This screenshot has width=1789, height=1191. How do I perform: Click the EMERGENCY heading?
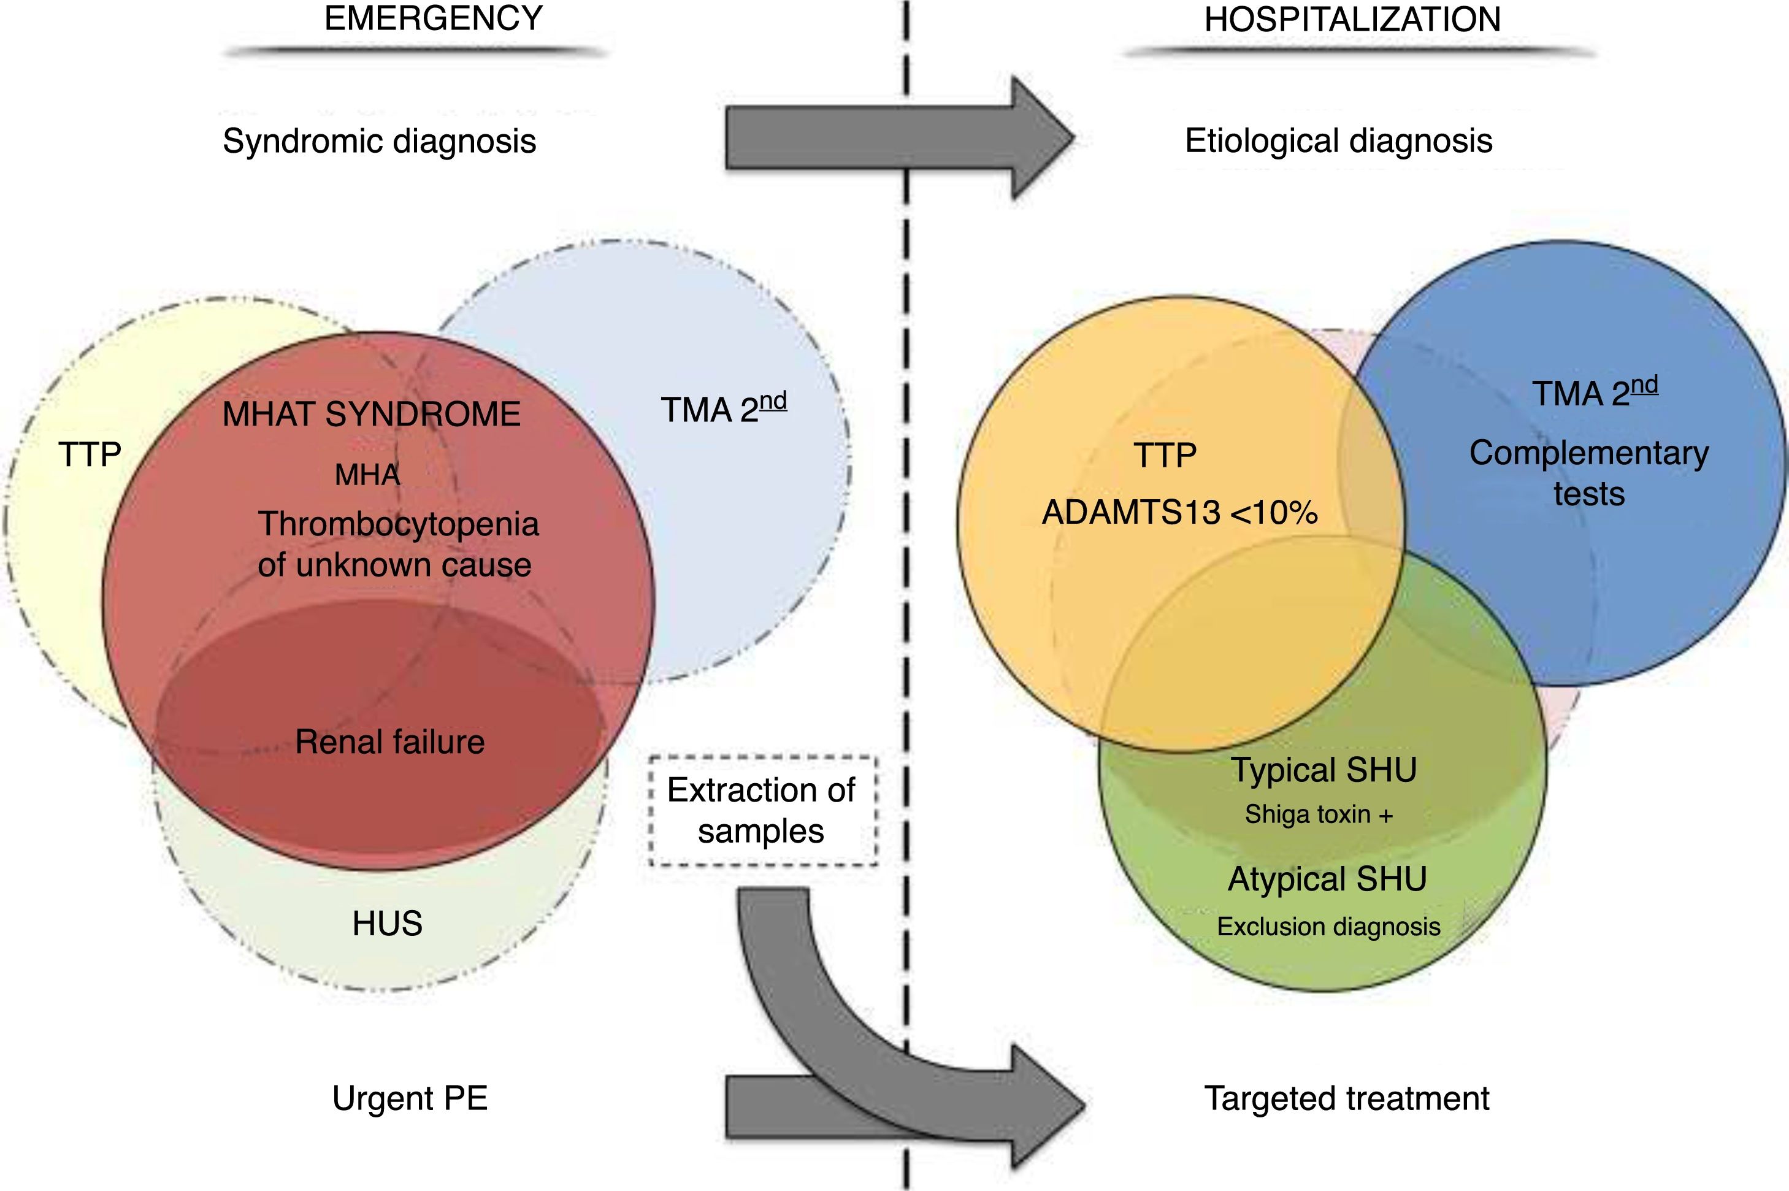[433, 18]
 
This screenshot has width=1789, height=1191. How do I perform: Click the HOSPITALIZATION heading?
[1352, 20]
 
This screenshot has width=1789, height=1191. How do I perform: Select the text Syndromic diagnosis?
[379, 141]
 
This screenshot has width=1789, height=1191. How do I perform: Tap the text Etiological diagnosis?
[1338, 141]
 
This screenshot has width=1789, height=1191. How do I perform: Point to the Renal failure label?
[389, 742]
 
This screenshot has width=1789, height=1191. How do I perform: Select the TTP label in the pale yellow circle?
[90, 455]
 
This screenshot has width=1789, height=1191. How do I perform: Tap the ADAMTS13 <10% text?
[1179, 513]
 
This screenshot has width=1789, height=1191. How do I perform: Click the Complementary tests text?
[1588, 472]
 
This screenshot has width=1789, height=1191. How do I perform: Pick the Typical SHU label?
[1324, 770]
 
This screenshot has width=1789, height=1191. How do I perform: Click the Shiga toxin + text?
[1319, 815]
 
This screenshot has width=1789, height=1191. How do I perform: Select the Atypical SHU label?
[1327, 879]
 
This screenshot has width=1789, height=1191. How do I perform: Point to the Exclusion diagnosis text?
[1328, 927]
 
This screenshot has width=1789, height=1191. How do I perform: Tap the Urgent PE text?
[410, 1098]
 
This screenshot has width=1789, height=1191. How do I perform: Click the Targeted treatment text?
[1346, 1098]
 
